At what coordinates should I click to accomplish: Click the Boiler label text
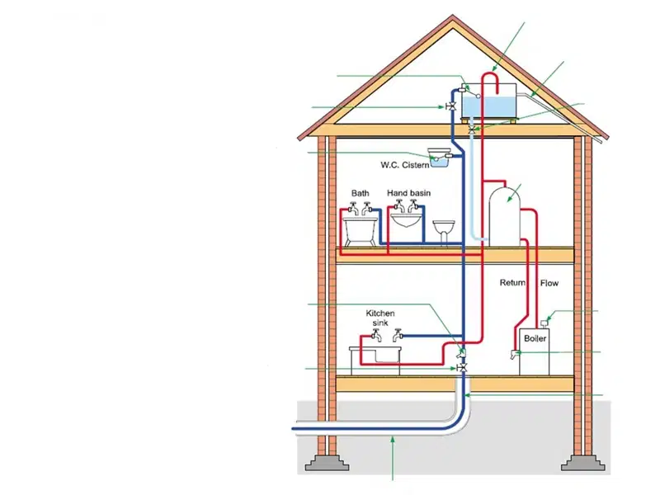pos(535,338)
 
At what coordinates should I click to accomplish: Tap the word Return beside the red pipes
pos(512,282)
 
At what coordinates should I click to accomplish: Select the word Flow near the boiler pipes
pos(549,283)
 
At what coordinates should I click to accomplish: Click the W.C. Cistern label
pos(404,165)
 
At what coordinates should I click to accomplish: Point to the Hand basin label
pos(408,193)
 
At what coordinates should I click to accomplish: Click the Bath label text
pos(361,193)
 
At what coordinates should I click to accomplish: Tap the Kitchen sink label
pos(380,318)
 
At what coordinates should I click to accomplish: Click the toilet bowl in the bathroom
pos(444,232)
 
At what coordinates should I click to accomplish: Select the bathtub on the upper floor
pos(361,231)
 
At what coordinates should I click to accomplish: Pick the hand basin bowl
pos(406,219)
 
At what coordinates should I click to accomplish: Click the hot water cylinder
pos(505,216)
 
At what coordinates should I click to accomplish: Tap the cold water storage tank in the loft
pos(488,101)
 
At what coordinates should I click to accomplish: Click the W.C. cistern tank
pos(438,158)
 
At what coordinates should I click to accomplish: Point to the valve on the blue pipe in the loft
pos(451,107)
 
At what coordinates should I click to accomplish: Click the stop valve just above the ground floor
pos(462,368)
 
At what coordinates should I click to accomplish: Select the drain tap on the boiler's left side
pos(514,353)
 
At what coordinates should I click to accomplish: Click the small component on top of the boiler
pos(544,323)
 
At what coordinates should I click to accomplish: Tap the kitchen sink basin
pos(375,355)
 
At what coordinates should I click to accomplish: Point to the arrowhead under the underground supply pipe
pos(393,440)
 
